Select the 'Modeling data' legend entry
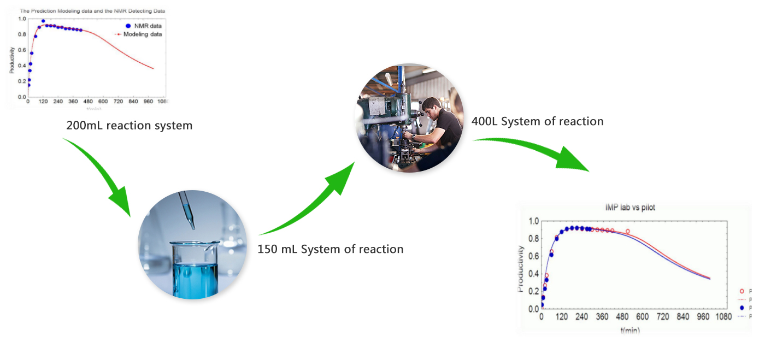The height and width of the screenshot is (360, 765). tap(141, 34)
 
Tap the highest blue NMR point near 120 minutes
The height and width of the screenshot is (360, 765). tap(43, 21)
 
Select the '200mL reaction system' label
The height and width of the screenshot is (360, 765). tap(129, 126)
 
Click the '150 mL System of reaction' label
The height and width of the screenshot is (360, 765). tap(330, 249)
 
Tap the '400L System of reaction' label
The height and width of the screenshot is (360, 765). tap(537, 121)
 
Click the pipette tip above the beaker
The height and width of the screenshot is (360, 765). tap(191, 225)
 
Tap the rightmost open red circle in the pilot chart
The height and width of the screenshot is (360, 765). tap(628, 232)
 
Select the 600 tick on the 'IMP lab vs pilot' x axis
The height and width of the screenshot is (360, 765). tap(642, 317)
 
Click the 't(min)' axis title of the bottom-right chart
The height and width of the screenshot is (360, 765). tap(629, 331)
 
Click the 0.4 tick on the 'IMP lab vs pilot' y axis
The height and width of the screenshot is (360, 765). tap(533, 274)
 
